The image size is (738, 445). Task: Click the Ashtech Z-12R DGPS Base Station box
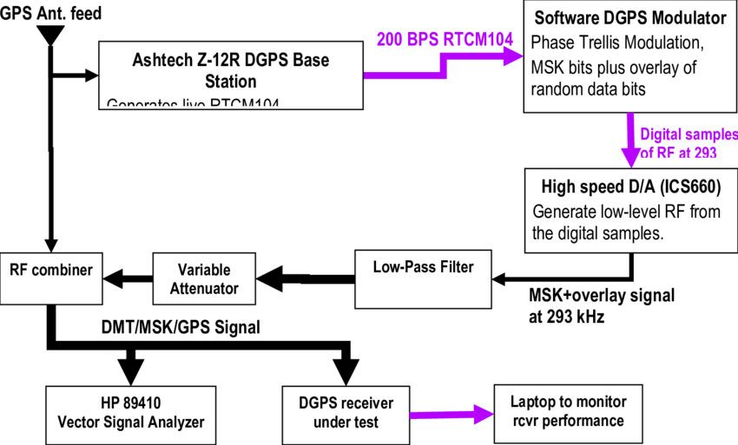[x=230, y=75]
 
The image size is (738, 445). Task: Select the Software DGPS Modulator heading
[x=629, y=18]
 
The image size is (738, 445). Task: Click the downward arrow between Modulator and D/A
[x=631, y=143]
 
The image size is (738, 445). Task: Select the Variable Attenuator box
[x=204, y=278]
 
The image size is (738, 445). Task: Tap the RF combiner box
[x=50, y=278]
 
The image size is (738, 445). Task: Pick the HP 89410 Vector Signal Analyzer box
[x=130, y=413]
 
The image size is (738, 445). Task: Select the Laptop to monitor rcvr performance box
[x=567, y=411]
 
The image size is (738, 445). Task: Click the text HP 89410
[x=130, y=403]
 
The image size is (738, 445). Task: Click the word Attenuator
[x=204, y=288]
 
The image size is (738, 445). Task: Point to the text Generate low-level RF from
[x=626, y=213]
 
